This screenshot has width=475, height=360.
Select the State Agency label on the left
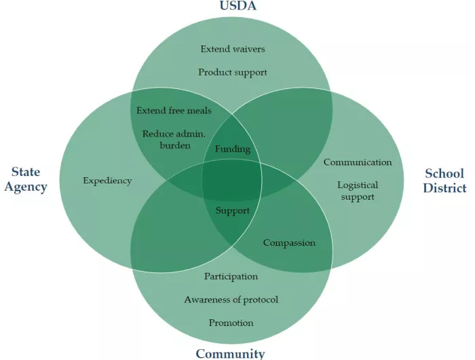pos(26,179)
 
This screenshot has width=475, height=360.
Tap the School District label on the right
pos(444,181)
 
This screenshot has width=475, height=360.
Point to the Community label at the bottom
pos(230,353)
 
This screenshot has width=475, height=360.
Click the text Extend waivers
pos(233,49)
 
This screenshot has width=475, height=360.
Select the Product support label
pos(233,72)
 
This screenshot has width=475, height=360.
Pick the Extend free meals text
pos(174,111)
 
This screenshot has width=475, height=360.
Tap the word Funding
pos(232,149)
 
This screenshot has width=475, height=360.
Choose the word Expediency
pos(107,181)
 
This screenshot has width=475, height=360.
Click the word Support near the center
pos(233,211)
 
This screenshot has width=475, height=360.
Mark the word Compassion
pos(289,243)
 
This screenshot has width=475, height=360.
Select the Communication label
pos(358,162)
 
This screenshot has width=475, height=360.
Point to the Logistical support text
pos(358,191)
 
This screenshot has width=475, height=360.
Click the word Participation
pos(231,276)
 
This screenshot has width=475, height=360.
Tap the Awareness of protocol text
pos(231,300)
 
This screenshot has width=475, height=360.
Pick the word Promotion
pos(231,323)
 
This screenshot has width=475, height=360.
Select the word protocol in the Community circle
pos(258,300)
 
